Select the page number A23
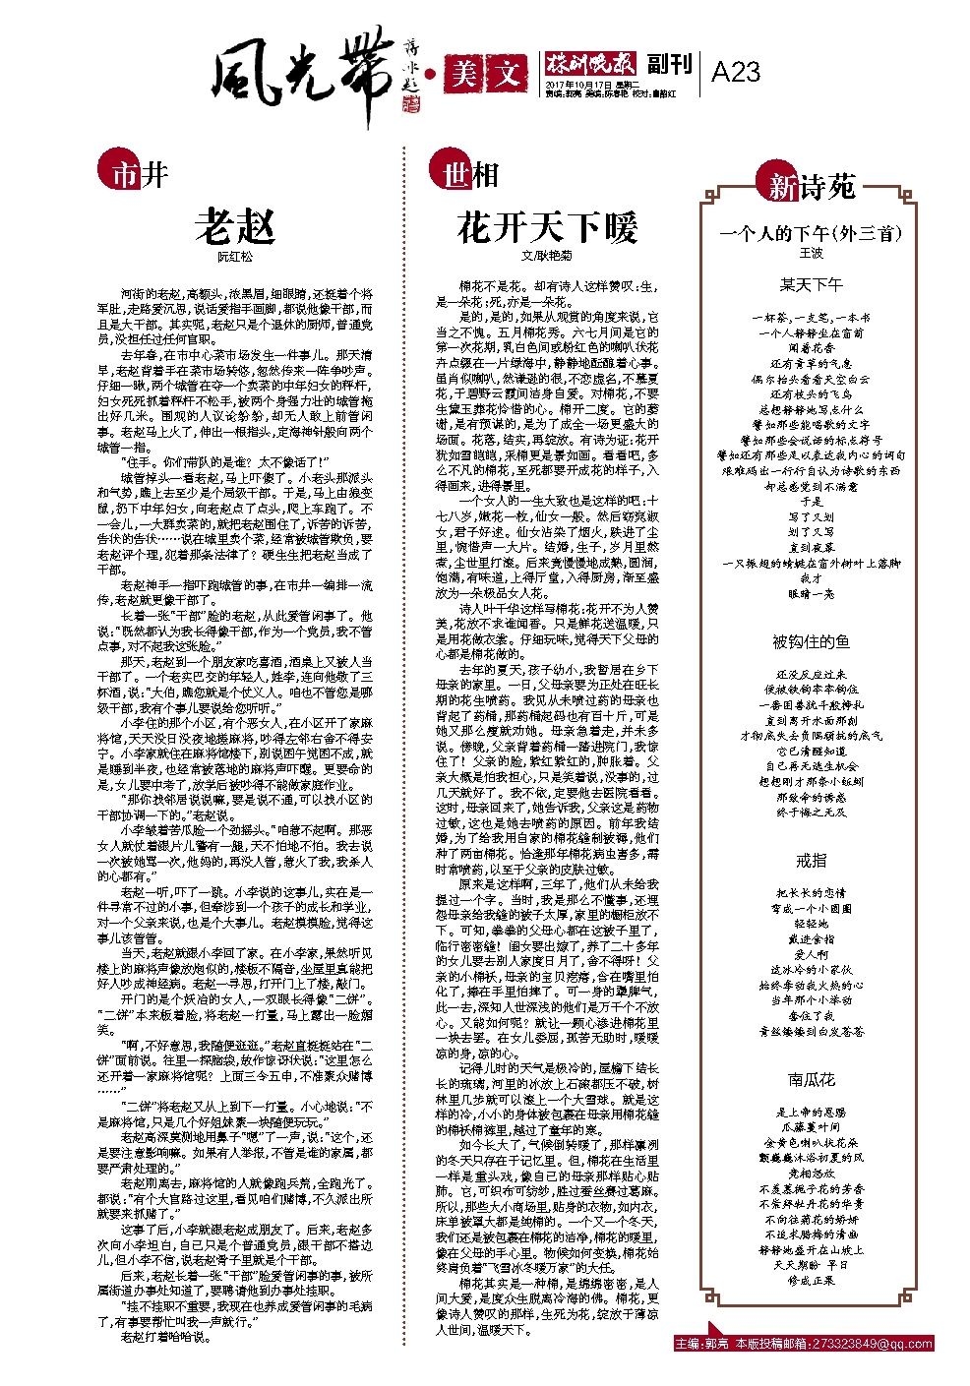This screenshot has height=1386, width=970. [735, 72]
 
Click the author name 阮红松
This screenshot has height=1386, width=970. [234, 257]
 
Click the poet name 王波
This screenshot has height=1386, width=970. [811, 253]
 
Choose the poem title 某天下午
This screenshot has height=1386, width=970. [811, 285]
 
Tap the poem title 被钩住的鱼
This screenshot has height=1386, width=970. [811, 642]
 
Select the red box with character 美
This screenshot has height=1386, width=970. [460, 72]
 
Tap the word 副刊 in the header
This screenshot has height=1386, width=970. [670, 65]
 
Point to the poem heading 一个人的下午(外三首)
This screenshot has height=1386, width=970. [811, 234]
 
